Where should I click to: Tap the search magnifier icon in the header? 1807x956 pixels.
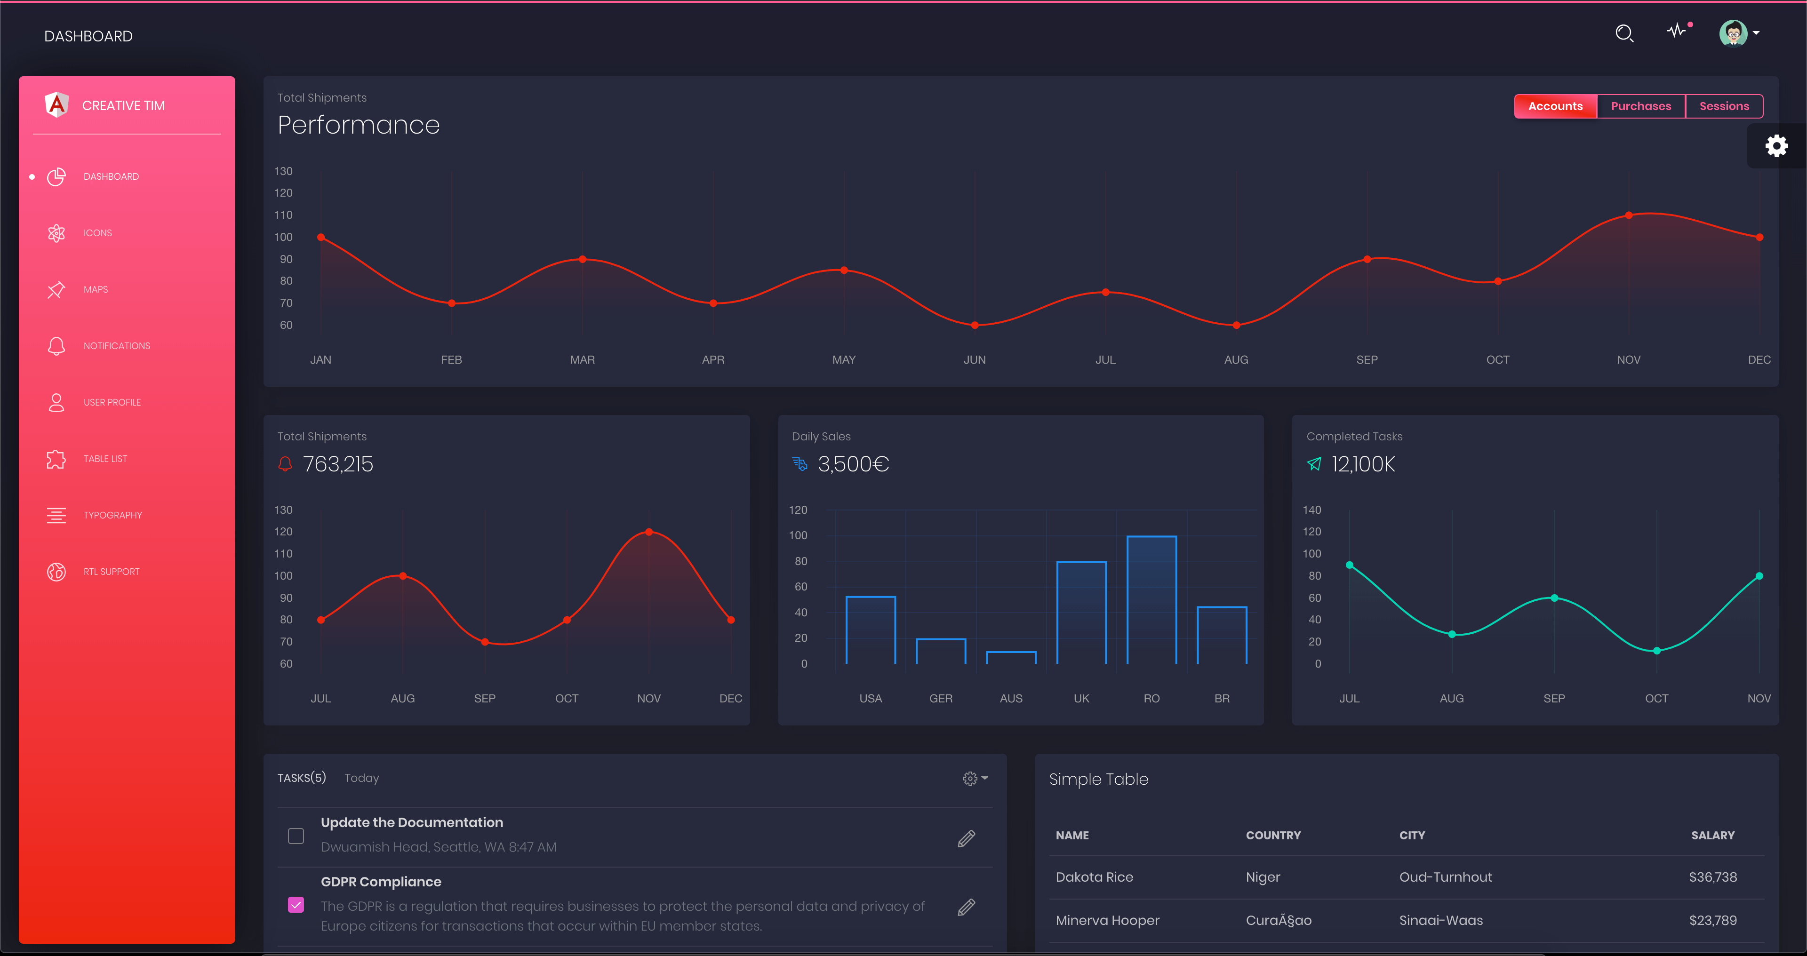tap(1624, 33)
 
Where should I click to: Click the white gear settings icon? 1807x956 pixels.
tap(1776, 146)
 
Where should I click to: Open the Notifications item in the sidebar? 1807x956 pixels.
tap(116, 346)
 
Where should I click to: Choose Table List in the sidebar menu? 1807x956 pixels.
tap(105, 459)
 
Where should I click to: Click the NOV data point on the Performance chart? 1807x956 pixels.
tap(1628, 215)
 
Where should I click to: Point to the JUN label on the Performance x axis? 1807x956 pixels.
tap(975, 360)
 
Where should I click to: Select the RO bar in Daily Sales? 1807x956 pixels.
tap(1151, 600)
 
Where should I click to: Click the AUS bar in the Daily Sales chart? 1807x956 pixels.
tap(1011, 657)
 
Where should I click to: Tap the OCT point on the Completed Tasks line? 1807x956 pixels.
tap(1656, 651)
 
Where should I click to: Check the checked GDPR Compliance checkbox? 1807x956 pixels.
tap(296, 905)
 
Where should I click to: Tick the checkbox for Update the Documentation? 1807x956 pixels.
tap(296, 836)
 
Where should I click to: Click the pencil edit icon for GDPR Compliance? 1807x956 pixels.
tap(966, 908)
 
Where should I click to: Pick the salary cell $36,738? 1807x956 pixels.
tap(1712, 877)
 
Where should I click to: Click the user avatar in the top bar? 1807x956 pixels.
tap(1733, 33)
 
